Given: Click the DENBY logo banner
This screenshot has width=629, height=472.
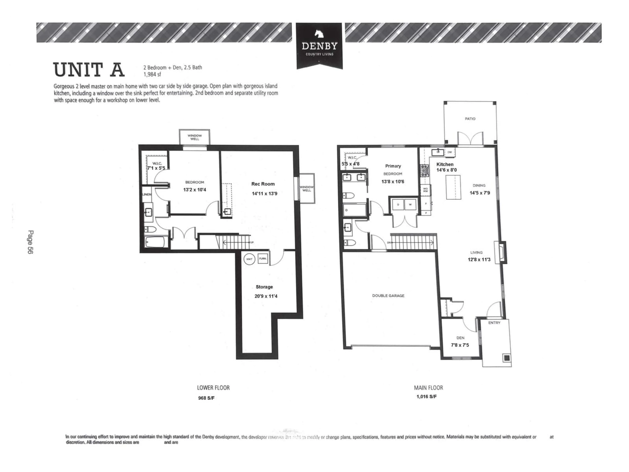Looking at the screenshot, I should [x=319, y=46].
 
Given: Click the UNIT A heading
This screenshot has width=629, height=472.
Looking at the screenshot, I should [x=89, y=70].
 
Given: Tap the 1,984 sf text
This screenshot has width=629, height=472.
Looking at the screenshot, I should [x=152, y=75].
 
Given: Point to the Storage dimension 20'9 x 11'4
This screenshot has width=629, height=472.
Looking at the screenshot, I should [x=266, y=296].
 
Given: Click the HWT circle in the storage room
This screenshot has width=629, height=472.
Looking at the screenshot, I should [x=249, y=259].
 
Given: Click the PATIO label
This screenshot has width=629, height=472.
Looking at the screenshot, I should [x=470, y=119].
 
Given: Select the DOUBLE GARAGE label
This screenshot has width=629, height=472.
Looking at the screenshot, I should [x=388, y=296].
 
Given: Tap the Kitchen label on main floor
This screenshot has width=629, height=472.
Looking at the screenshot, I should [x=445, y=164].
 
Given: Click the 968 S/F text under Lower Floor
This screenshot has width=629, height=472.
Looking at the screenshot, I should [x=206, y=398].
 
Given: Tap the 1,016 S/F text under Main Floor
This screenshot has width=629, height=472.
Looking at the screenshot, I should [x=426, y=397].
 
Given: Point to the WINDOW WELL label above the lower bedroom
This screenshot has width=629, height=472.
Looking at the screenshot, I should [x=194, y=137].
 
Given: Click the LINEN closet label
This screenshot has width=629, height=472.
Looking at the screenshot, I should [x=147, y=194].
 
